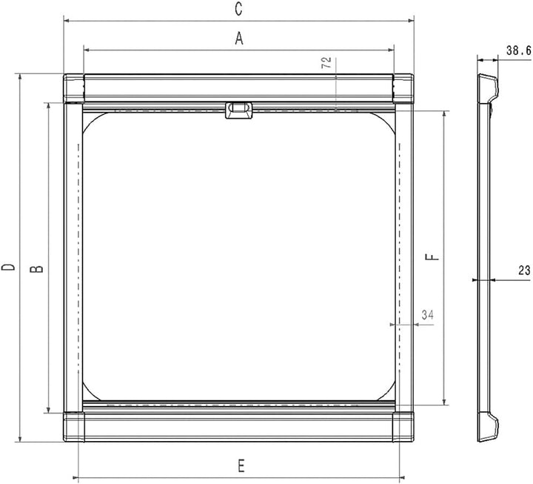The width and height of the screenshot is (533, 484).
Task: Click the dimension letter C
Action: (238, 9)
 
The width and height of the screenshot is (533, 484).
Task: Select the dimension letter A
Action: (238, 39)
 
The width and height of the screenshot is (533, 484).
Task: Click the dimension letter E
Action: (241, 465)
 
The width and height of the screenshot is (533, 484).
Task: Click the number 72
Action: (326, 63)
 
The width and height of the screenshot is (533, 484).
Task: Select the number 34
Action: (427, 315)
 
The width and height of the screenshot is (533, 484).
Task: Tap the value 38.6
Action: (519, 50)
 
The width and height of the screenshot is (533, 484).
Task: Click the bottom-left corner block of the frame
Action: (74, 426)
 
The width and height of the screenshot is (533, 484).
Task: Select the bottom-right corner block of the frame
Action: (403, 426)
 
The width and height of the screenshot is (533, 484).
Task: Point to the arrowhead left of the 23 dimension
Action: (475, 279)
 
